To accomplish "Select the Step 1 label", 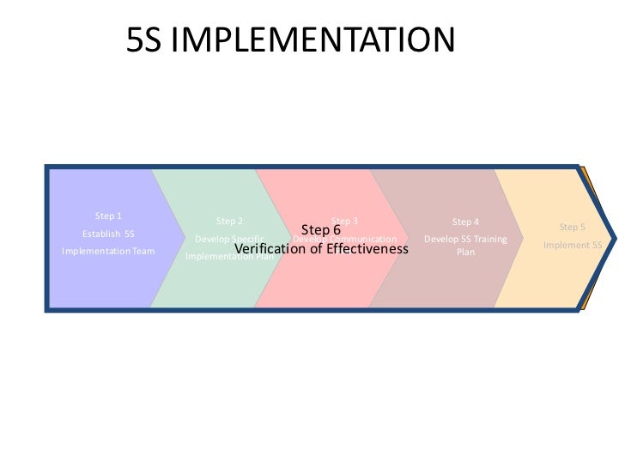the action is click(108, 216).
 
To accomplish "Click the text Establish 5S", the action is click(108, 234).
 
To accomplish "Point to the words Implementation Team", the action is click(108, 252).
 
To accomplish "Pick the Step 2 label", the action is click(229, 222).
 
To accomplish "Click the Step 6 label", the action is click(321, 230).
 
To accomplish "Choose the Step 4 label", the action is click(465, 222).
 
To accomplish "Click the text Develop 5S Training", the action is click(465, 238).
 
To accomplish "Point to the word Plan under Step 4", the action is click(465, 253).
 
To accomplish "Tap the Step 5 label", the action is click(572, 228).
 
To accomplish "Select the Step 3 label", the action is click(344, 222).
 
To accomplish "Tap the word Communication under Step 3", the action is click(365, 239).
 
